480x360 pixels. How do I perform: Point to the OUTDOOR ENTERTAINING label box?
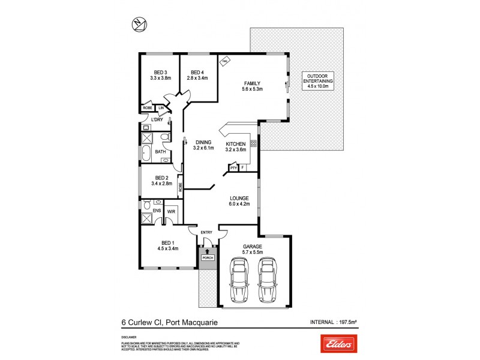(320, 80)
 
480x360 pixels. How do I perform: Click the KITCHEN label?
(236, 144)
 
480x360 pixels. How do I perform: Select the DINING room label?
(202, 142)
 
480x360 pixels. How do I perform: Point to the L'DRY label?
(157, 119)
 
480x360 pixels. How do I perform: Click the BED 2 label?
(161, 178)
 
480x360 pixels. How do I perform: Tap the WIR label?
(170, 211)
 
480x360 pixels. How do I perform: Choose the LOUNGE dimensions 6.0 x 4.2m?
(239, 205)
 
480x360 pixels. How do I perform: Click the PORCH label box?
(208, 258)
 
